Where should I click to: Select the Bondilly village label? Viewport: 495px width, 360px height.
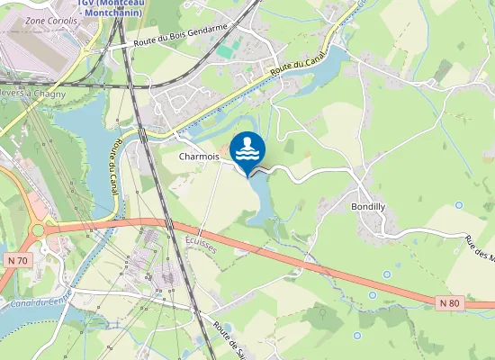pyautogui.click(x=368, y=205)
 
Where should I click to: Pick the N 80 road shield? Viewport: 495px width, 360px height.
pyautogui.click(x=451, y=302)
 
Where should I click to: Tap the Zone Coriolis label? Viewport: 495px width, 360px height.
pyautogui.click(x=49, y=19)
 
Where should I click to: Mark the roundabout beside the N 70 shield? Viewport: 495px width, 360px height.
pyautogui.click(x=39, y=229)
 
